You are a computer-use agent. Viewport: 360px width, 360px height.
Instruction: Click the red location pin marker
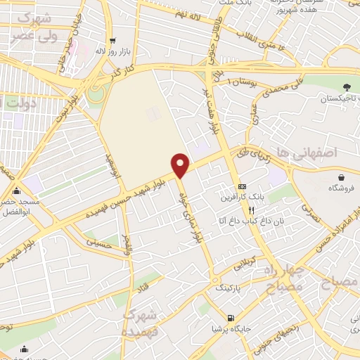(x=181, y=165)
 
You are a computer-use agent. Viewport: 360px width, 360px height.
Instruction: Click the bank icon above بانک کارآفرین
(x=243, y=186)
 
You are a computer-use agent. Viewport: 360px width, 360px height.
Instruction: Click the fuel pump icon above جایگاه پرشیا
(x=229, y=318)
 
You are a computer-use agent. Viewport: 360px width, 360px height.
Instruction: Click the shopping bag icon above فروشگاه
(x=341, y=177)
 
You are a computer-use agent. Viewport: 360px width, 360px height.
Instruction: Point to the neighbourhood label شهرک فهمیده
(x=139, y=323)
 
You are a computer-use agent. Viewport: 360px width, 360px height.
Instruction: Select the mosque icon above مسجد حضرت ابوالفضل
(x=16, y=191)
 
